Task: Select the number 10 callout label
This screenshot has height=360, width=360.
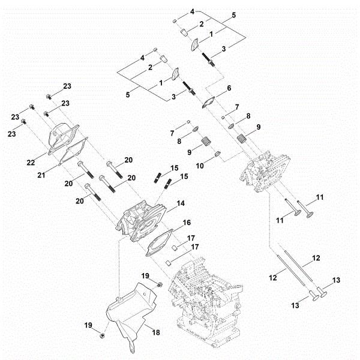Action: pyautogui.click(x=200, y=164)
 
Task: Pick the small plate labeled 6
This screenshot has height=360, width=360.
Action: pyautogui.click(x=210, y=101)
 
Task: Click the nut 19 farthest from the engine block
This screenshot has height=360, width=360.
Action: pyautogui.click(x=103, y=334)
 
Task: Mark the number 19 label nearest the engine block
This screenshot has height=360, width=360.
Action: pyautogui.click(x=145, y=275)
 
